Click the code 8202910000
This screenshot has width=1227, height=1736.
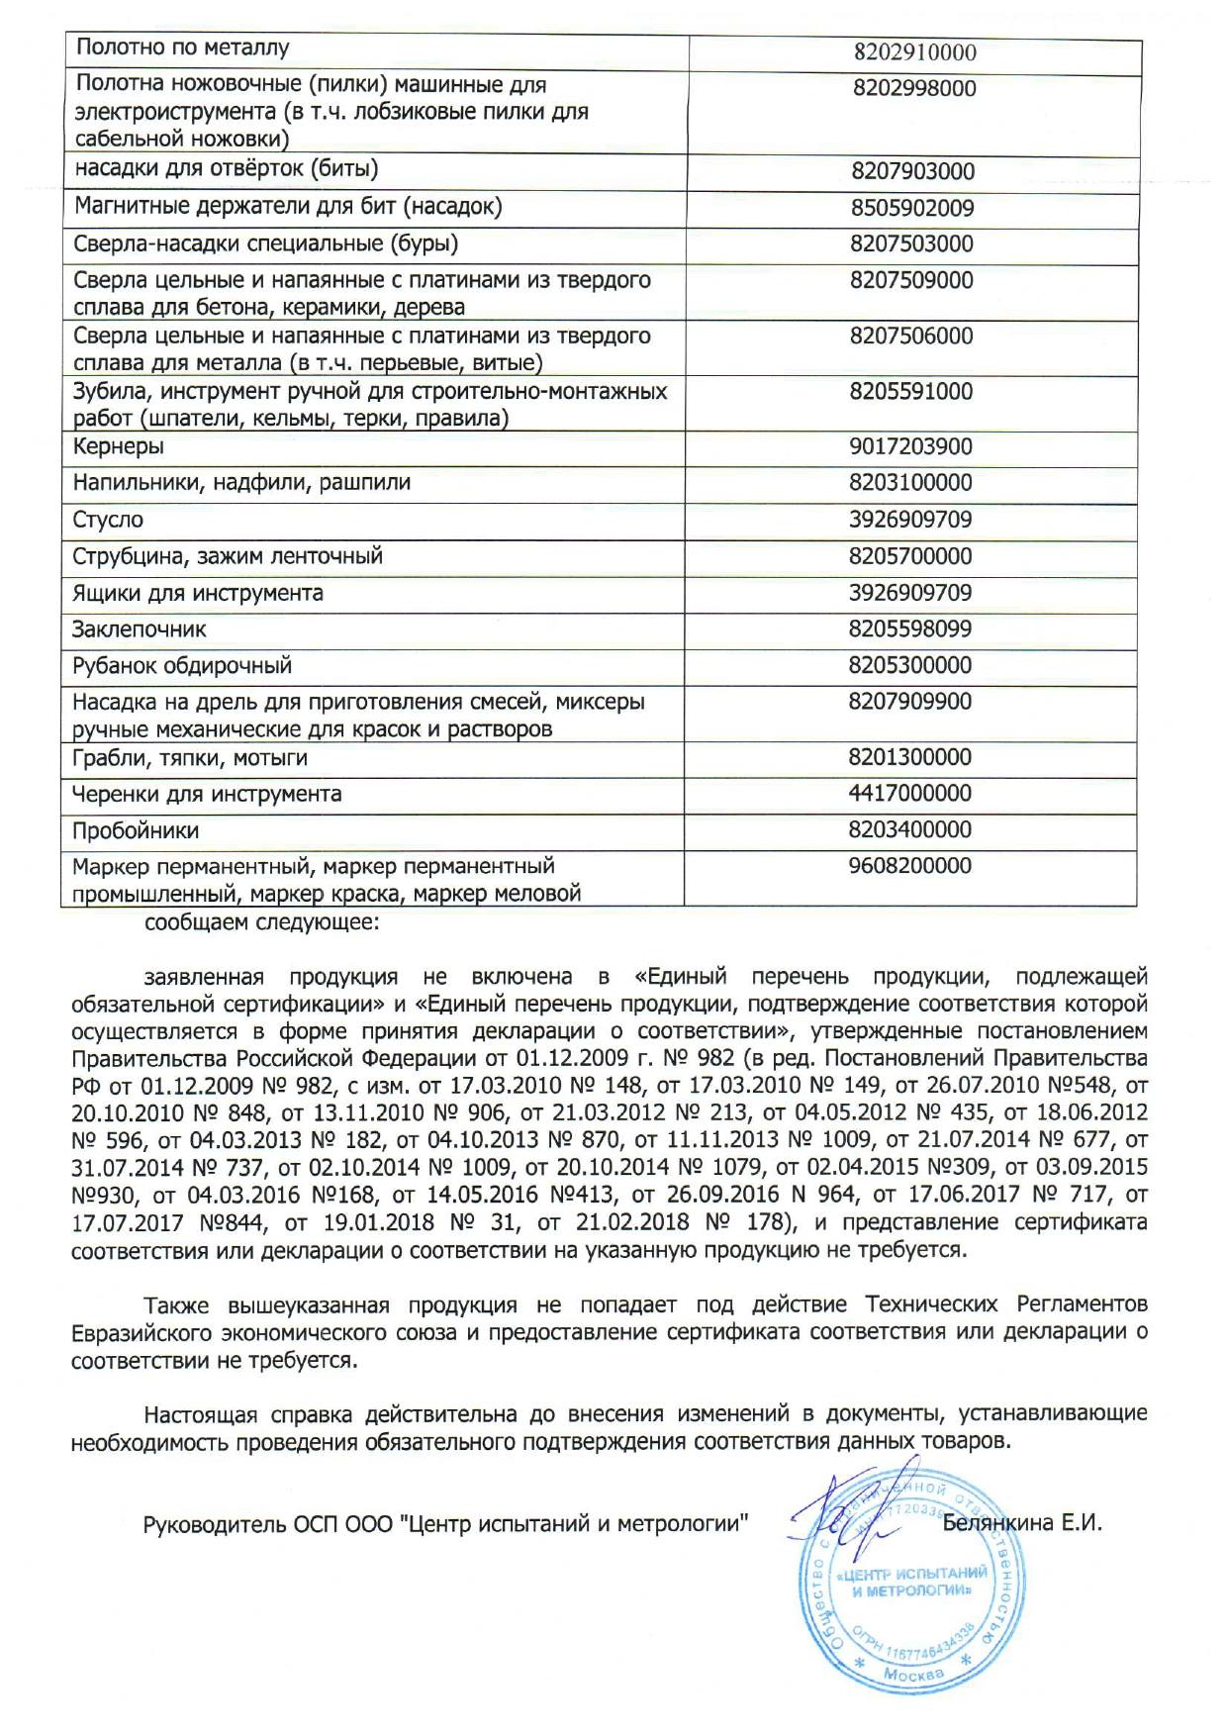(x=913, y=51)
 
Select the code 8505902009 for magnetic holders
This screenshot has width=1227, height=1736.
(x=911, y=208)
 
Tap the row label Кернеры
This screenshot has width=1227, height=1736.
(x=119, y=446)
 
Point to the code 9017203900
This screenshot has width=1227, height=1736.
(x=910, y=446)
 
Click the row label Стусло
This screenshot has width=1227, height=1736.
(x=108, y=520)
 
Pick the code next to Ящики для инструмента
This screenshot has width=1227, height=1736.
(x=910, y=593)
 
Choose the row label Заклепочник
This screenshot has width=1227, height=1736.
(x=140, y=629)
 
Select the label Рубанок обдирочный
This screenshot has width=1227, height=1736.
(x=182, y=666)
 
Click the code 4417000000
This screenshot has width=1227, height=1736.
(x=910, y=793)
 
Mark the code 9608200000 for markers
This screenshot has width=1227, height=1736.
(x=910, y=866)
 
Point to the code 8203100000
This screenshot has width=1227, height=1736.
(x=910, y=483)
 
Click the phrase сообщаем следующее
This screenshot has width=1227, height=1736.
(x=260, y=924)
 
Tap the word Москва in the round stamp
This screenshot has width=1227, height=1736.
(x=913, y=1675)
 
